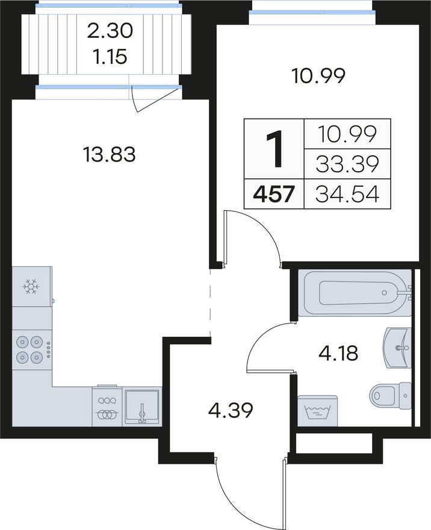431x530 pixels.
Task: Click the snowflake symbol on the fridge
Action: tap(31, 287)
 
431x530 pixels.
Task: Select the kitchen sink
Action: tap(142, 407)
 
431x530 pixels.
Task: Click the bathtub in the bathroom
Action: tap(355, 293)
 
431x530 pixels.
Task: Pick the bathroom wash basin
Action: tap(397, 348)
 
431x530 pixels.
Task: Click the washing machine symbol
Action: tap(317, 411)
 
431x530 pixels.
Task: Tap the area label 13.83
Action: tap(109, 154)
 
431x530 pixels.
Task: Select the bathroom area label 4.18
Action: tap(338, 354)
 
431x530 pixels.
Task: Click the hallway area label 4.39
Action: tap(231, 411)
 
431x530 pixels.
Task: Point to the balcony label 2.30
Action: tap(110, 31)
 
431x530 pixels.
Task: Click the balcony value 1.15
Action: tap(110, 57)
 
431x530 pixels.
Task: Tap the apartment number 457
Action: tap(274, 195)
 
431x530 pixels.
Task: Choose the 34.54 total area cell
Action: tap(347, 194)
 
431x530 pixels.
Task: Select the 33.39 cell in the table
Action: tap(347, 164)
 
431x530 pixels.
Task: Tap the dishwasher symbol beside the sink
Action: tap(107, 406)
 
